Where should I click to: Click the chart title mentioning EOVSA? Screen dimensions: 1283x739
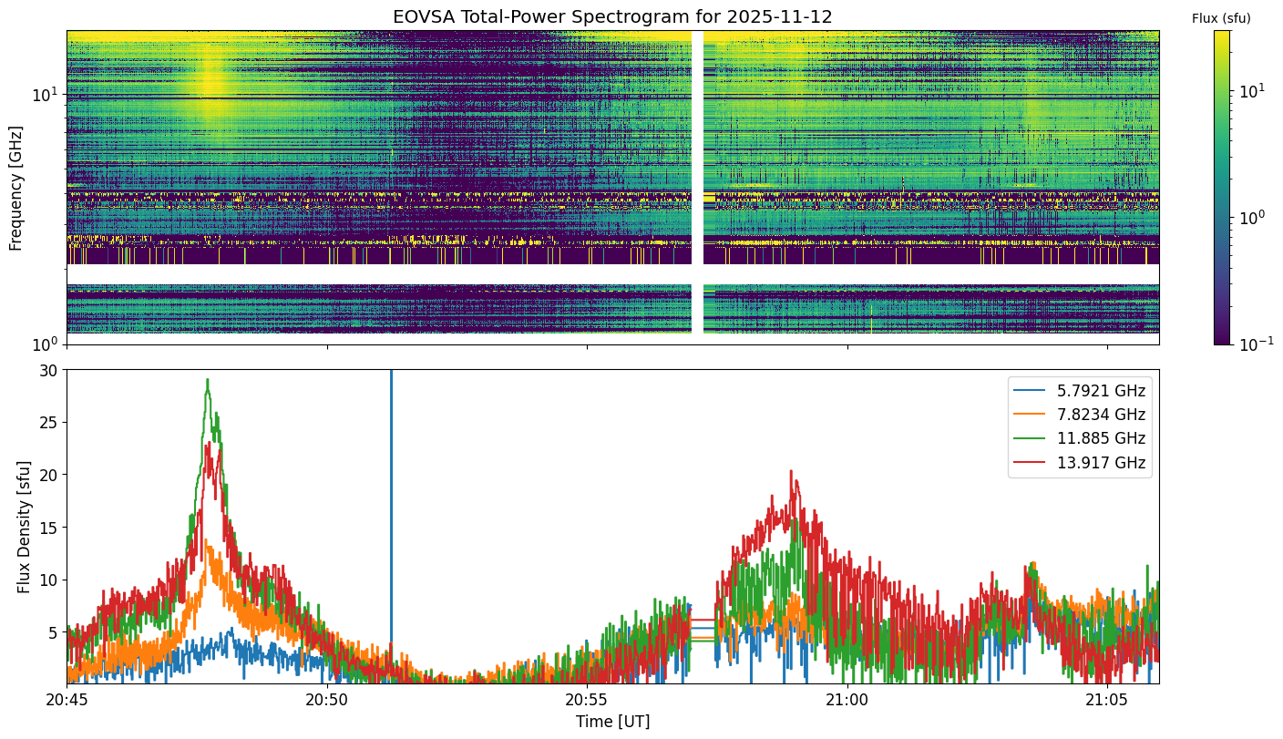(612, 16)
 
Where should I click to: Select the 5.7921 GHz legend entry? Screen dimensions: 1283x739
(1079, 391)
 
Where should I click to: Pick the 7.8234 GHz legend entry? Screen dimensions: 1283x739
(1079, 415)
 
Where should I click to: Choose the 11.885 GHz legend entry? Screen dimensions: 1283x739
(1079, 438)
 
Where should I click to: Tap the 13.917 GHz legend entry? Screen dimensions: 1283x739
(1079, 462)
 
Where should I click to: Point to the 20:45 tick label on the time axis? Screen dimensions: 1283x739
(67, 700)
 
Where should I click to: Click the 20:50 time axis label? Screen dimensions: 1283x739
(327, 700)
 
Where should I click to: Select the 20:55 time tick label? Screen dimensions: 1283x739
(587, 700)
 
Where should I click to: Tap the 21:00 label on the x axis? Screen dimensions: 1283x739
(847, 700)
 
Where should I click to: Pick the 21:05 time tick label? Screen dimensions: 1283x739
(1107, 700)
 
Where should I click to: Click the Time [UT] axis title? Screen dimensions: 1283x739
(613, 722)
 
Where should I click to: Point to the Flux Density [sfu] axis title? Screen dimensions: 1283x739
(24, 527)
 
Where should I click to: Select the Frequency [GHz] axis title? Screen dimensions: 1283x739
(16, 189)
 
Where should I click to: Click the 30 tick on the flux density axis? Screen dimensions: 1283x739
(48, 371)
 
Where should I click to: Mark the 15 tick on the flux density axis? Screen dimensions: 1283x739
(48, 528)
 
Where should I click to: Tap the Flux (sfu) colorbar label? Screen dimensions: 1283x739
(1221, 18)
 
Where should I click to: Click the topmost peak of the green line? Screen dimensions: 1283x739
(208, 379)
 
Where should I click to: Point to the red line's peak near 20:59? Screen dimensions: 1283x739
(791, 471)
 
